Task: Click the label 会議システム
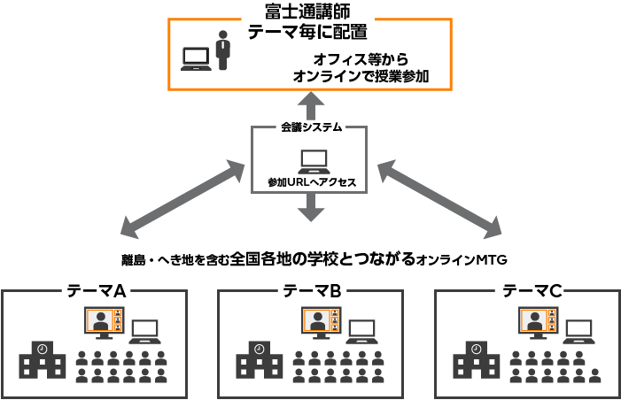click(x=309, y=128)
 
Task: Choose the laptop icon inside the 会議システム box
click(x=313, y=161)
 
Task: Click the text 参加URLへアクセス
click(x=312, y=182)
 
